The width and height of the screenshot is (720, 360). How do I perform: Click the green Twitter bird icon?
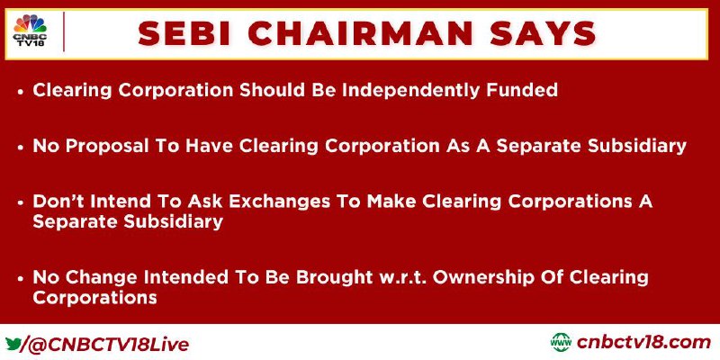[x=13, y=344]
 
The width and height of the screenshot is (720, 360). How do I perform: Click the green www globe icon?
[x=562, y=343]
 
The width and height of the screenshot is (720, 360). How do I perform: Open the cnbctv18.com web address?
[x=643, y=343]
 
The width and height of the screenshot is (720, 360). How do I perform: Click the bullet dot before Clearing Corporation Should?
[x=20, y=92]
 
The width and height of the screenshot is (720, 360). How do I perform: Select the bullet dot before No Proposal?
[x=20, y=148]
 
